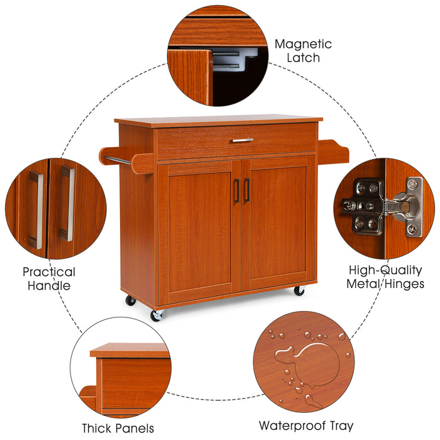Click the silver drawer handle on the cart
(241, 140)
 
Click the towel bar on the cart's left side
(118, 162)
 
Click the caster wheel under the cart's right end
(299, 291)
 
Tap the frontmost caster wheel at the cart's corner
(155, 315)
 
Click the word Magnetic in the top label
(303, 45)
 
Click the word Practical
(49, 272)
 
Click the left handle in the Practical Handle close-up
(36, 209)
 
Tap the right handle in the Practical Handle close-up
(67, 204)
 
